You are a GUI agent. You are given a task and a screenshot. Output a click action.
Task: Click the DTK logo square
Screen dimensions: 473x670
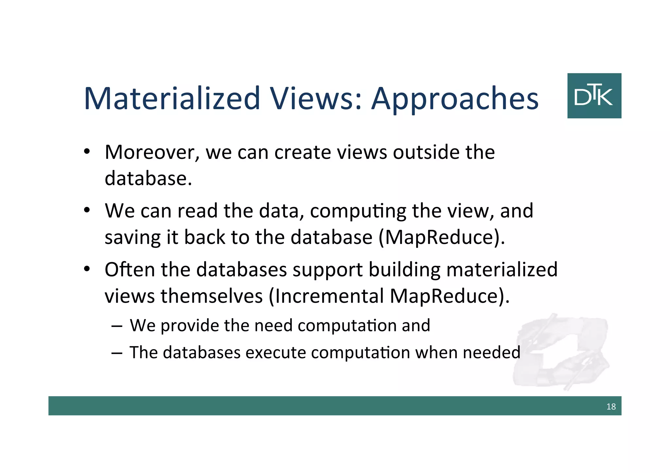tap(594, 96)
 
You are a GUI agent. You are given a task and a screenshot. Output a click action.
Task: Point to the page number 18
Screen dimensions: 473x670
tap(611, 407)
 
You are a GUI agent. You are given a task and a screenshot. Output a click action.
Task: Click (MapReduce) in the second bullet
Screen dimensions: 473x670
tap(442, 237)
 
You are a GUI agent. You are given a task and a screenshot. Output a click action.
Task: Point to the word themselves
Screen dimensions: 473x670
tap(211, 296)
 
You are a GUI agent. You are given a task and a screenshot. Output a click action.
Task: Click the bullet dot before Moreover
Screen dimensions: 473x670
tap(87, 152)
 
